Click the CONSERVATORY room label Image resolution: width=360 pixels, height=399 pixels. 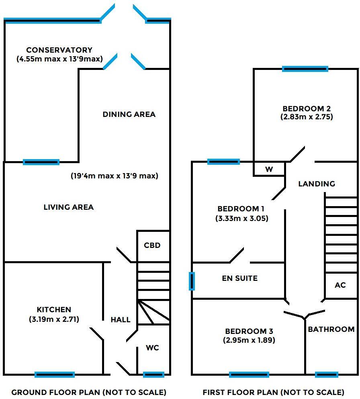(59, 50)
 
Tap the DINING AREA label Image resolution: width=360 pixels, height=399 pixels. (129, 115)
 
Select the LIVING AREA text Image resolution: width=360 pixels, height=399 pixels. (68, 207)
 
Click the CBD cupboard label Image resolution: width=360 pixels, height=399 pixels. (152, 246)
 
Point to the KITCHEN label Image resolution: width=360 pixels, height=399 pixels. (54, 310)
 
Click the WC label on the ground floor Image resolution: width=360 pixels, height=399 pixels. (152, 348)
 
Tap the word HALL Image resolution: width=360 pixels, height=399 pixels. (121, 320)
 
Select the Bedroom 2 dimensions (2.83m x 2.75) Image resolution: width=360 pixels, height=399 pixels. (307, 117)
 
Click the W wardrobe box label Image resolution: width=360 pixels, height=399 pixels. (269, 170)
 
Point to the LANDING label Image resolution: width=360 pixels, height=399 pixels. (317, 184)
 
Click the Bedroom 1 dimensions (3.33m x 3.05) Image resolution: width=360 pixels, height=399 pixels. (242, 219)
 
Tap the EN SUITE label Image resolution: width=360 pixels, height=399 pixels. (239, 278)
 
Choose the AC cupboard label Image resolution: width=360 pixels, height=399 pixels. (340, 285)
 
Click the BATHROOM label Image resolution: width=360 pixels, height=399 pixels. (331, 329)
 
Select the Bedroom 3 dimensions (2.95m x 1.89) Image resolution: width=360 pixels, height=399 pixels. (249, 340)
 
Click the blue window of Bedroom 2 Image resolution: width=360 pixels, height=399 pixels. (305, 69)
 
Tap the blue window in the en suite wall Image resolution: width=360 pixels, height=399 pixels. (192, 281)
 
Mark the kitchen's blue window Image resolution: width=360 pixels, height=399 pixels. (55, 375)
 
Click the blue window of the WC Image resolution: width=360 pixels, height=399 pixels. (153, 375)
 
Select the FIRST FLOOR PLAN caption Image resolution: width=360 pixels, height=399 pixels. (273, 392)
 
